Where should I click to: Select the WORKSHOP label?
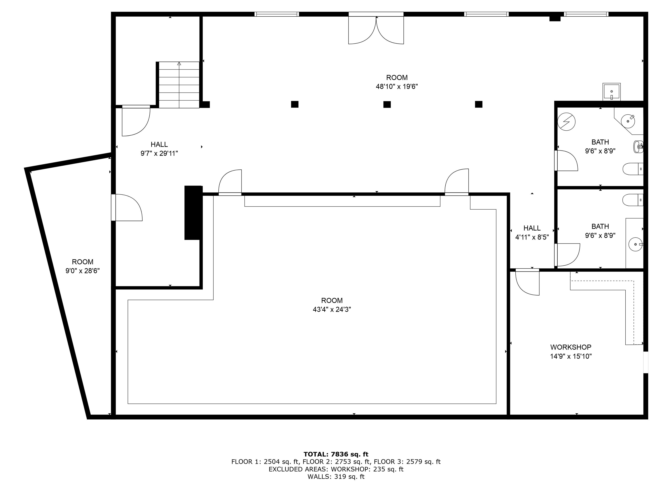pyautogui.click(x=570, y=347)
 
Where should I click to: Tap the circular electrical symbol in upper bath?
pyautogui.click(x=567, y=122)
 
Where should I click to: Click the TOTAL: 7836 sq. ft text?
pyautogui.click(x=336, y=454)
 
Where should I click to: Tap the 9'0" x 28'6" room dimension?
pyautogui.click(x=83, y=271)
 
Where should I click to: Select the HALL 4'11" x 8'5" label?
pyautogui.click(x=532, y=232)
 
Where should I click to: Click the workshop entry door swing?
pyautogui.click(x=528, y=283)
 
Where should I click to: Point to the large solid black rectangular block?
pyautogui.click(x=193, y=213)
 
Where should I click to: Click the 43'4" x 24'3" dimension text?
pyautogui.click(x=332, y=309)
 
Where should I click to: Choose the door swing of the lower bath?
pyautogui.click(x=567, y=255)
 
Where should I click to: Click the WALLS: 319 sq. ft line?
pyautogui.click(x=336, y=477)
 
